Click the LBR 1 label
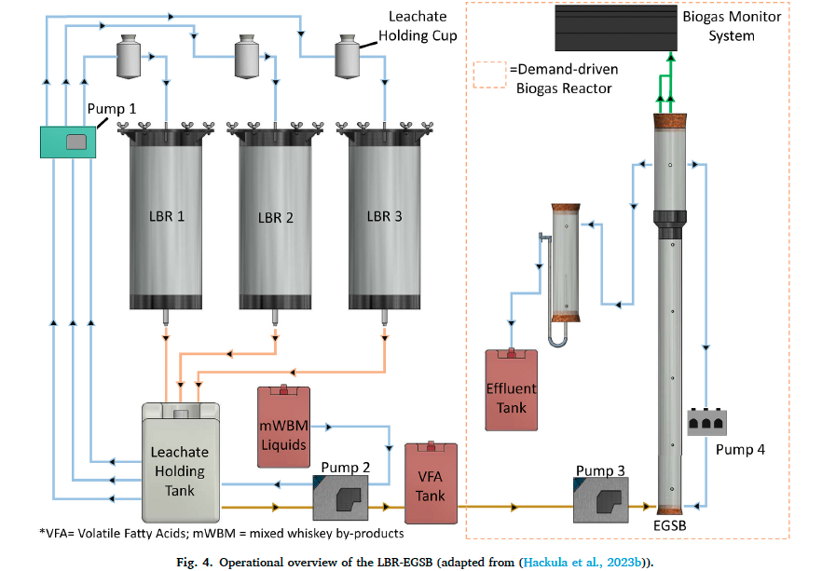(x=167, y=216)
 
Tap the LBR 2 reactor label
(x=276, y=217)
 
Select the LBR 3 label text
(x=384, y=216)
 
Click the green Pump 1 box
(x=68, y=142)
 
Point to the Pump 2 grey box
(x=340, y=497)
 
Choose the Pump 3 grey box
(x=601, y=500)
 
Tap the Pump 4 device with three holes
(x=706, y=422)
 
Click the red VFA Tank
(x=431, y=483)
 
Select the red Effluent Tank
(x=511, y=389)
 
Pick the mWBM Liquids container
(x=283, y=426)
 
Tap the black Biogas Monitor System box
(x=616, y=28)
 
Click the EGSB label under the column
(x=669, y=525)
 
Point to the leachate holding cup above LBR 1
(x=129, y=57)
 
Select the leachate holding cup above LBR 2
(x=247, y=57)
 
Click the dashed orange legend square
(x=489, y=75)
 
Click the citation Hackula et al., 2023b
(x=583, y=563)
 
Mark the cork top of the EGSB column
(x=670, y=121)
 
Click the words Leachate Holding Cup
(x=418, y=26)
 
